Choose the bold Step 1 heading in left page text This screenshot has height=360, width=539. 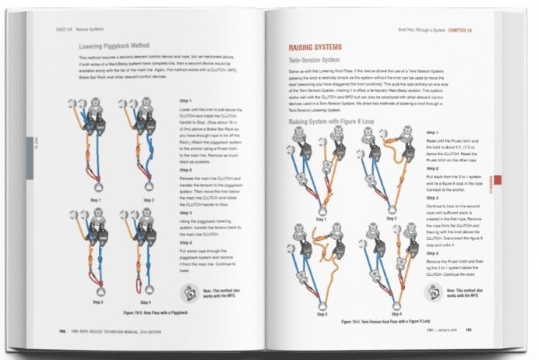185,101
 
